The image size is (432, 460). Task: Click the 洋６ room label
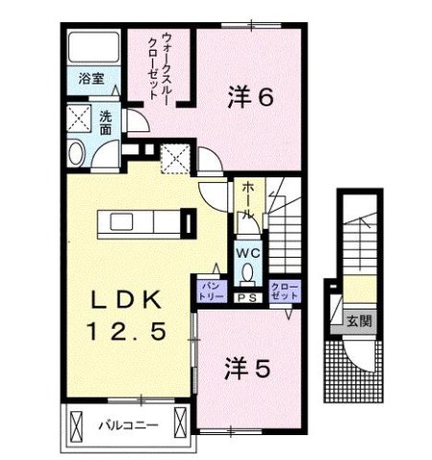pyautogui.click(x=252, y=96)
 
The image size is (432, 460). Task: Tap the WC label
pyautogui.click(x=248, y=252)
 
